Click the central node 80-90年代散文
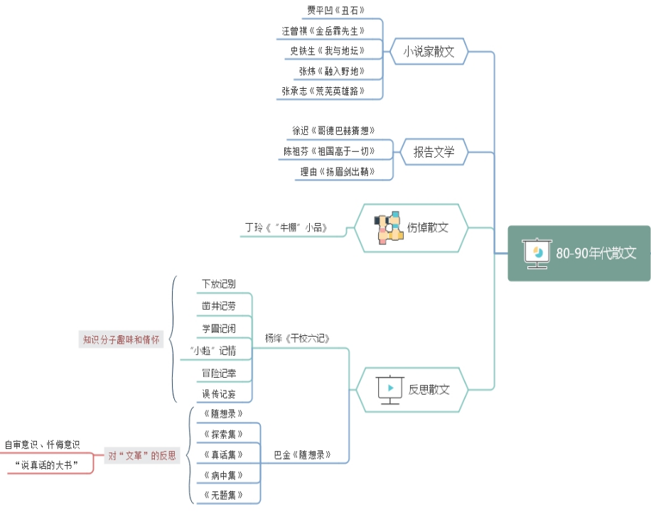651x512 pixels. point(596,254)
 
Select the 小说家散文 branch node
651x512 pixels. point(429,51)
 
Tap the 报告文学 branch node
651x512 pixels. point(434,151)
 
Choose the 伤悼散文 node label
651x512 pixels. point(428,228)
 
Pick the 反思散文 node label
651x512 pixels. point(429,389)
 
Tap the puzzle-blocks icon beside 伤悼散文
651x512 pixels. point(389,228)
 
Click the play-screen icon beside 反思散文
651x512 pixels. point(389,389)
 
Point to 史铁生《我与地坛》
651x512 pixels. point(328,50)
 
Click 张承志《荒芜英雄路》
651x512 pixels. point(323,91)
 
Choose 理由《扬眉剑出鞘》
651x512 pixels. point(337,172)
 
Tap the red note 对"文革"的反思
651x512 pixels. point(141,455)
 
